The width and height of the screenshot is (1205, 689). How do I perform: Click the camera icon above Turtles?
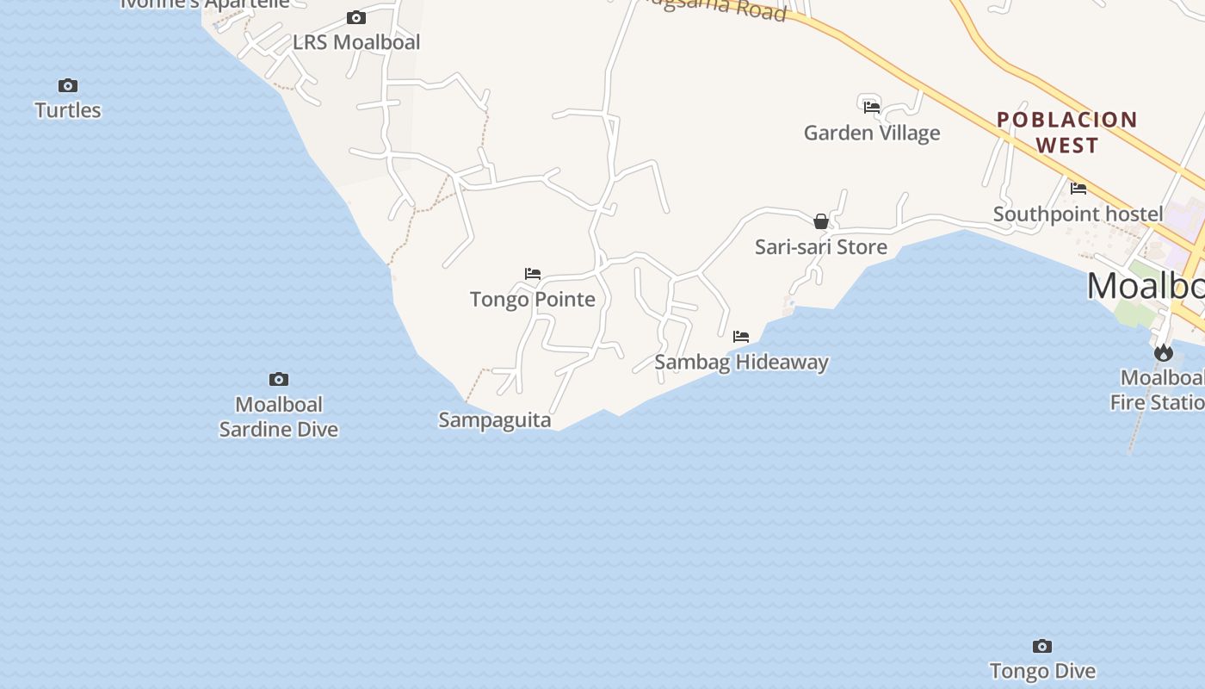(x=68, y=85)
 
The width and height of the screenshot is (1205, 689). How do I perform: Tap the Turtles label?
(x=68, y=110)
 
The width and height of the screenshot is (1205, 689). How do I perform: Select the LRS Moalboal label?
(x=356, y=42)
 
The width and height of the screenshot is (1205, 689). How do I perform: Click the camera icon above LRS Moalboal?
(x=356, y=17)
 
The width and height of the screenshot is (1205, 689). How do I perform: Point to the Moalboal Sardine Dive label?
(x=279, y=417)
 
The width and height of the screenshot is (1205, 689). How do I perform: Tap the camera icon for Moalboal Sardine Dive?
(x=279, y=379)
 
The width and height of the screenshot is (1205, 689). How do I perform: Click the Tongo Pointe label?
(x=533, y=300)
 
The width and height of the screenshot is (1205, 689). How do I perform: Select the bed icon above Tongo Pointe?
(x=533, y=274)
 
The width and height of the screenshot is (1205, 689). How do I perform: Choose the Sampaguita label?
(x=495, y=420)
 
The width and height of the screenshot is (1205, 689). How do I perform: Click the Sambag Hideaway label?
(x=741, y=362)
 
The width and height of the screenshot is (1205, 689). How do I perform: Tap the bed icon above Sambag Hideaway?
(x=741, y=336)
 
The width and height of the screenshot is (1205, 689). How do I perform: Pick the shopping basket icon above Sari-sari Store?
(x=821, y=221)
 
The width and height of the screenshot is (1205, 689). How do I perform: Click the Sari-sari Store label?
(x=821, y=247)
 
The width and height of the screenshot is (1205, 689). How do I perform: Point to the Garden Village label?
(x=872, y=133)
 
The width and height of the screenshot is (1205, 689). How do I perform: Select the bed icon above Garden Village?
(x=872, y=107)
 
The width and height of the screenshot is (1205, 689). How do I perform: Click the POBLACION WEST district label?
(x=1067, y=132)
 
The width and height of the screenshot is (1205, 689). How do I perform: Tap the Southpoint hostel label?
(x=1078, y=214)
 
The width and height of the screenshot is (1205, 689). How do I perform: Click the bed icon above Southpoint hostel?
(x=1078, y=188)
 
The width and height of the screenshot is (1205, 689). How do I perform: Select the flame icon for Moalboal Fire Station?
(x=1164, y=352)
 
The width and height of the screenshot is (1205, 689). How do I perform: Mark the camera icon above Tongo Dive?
(x=1042, y=646)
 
